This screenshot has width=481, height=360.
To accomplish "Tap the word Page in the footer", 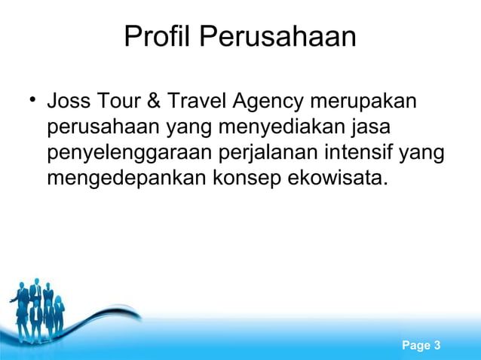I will [x=416, y=346].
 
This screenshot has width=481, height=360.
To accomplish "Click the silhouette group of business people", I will [x=38, y=309].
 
